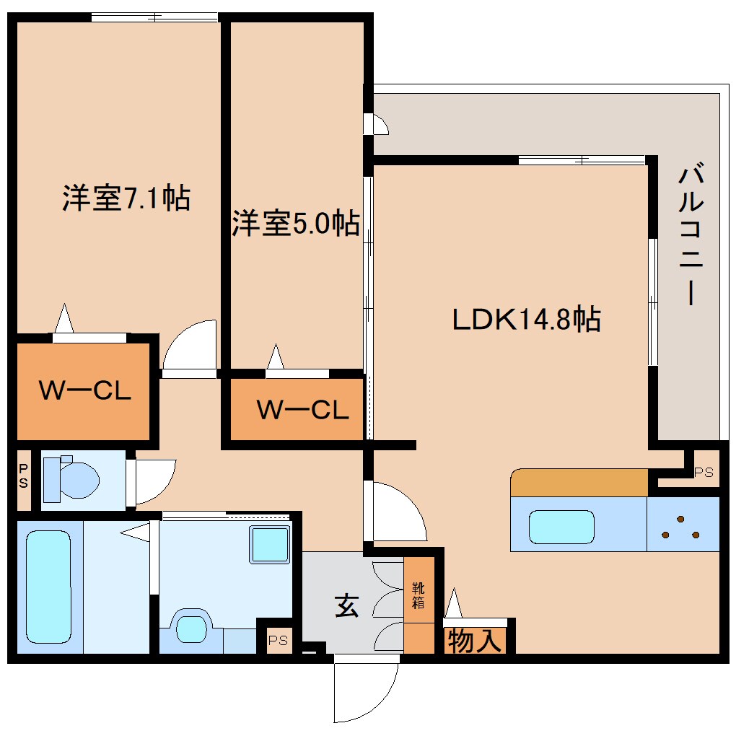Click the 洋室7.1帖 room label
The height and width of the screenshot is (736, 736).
click(x=126, y=198)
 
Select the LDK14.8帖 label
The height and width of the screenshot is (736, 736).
click(x=526, y=318)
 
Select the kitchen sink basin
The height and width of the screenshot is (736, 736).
click(x=561, y=526)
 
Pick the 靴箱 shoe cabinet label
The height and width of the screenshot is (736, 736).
click(x=419, y=595)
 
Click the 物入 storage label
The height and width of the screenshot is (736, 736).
click(x=474, y=640)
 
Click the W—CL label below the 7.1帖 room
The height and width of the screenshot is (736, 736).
click(x=84, y=390)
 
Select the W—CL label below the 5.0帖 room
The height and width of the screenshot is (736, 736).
click(x=303, y=410)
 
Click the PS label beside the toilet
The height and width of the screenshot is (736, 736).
click(x=23, y=478)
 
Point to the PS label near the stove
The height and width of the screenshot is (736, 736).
click(x=703, y=473)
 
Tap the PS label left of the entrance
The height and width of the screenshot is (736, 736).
click(x=278, y=639)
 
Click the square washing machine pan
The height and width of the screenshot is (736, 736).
click(x=269, y=544)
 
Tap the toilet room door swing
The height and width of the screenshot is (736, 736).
click(x=153, y=481)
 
